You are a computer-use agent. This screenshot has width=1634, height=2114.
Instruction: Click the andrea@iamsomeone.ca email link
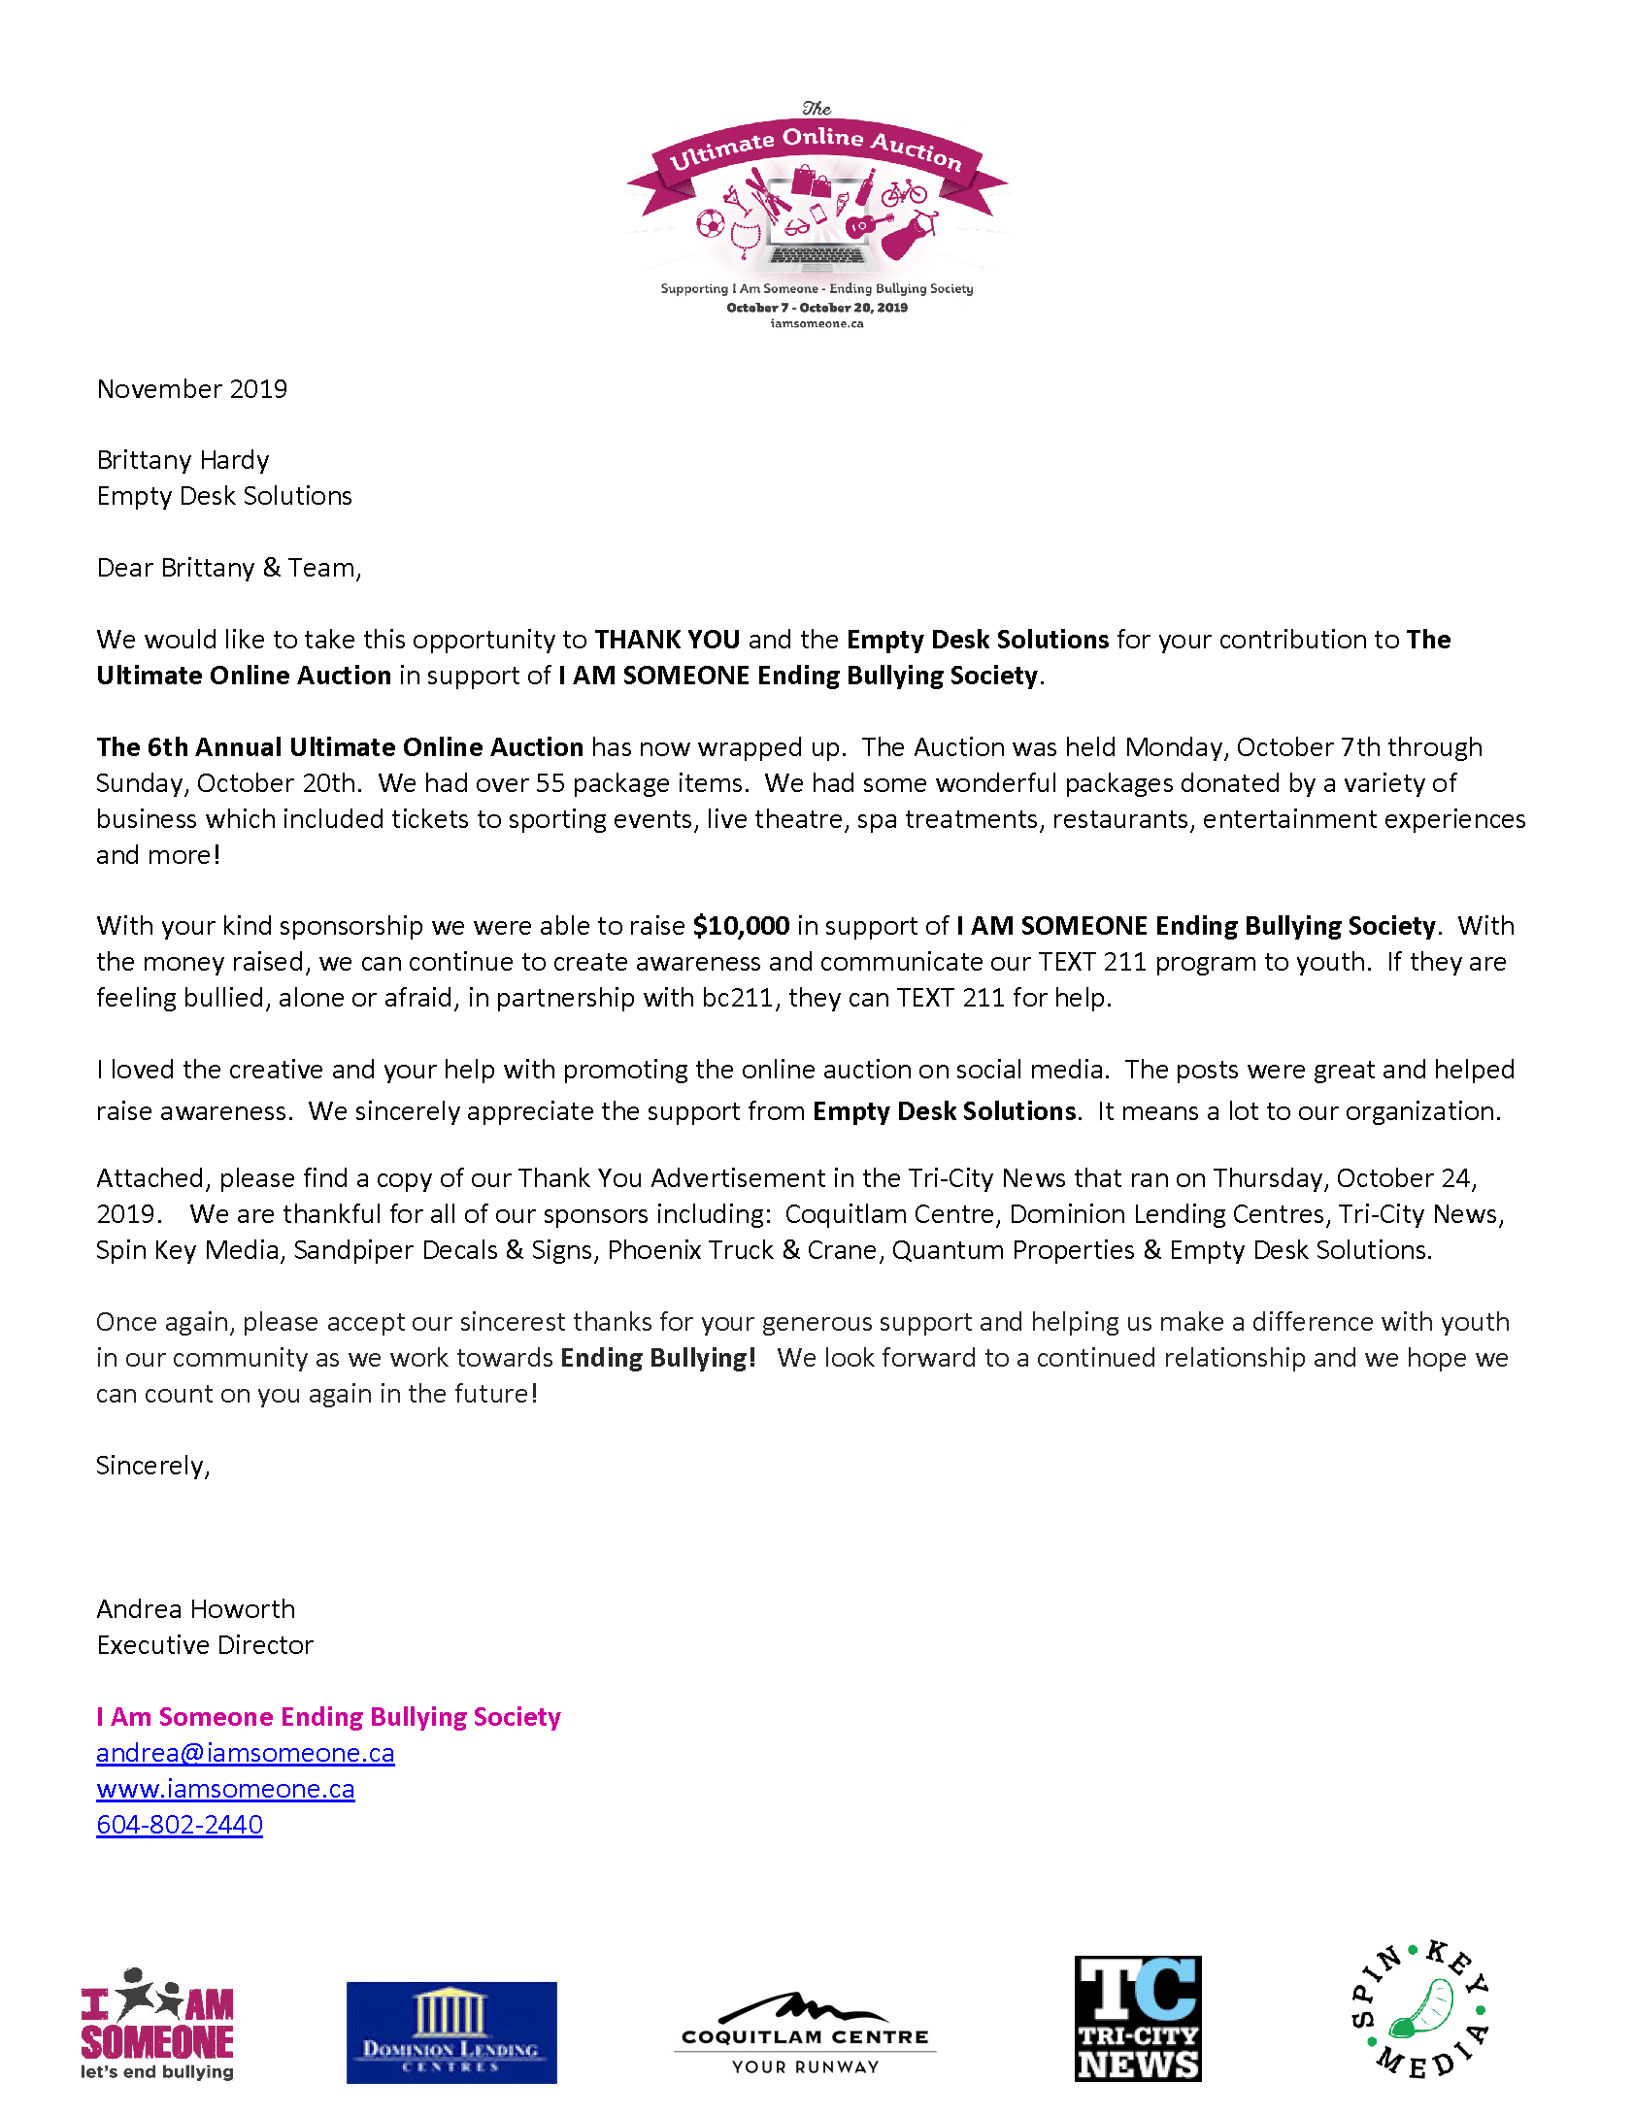[245, 1753]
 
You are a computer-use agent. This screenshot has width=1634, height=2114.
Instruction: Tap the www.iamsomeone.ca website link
[225, 1789]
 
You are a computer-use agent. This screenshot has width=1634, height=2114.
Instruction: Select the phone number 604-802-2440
[180, 1825]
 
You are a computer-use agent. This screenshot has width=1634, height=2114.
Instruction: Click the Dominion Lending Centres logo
[451, 2031]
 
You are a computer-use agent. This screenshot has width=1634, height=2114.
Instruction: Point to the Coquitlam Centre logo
[805, 2032]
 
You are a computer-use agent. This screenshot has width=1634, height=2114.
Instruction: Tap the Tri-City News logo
[1138, 2018]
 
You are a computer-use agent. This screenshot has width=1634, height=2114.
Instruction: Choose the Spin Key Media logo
[1419, 2009]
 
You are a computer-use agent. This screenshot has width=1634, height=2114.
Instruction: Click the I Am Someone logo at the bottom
[157, 2024]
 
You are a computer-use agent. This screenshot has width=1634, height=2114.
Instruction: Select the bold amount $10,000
[741, 926]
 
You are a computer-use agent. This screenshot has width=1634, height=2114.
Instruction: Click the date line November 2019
[192, 389]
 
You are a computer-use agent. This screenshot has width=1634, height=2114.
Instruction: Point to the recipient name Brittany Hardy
[183, 460]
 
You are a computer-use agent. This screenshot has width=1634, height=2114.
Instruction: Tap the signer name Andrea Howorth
[195, 1609]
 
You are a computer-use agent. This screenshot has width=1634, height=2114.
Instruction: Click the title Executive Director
[205, 1645]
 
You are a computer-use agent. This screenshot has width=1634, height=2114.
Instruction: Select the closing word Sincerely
[152, 1466]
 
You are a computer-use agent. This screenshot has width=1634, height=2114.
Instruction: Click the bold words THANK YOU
[667, 640]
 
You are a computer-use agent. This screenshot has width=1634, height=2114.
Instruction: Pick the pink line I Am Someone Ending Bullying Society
[328, 1717]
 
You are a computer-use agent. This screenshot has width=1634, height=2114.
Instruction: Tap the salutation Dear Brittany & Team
[229, 568]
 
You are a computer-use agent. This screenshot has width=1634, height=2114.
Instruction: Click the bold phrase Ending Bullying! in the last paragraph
[658, 1358]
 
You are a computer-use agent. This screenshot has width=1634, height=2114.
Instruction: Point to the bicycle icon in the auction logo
[904, 192]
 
